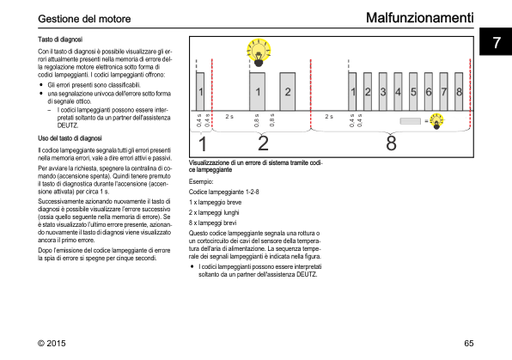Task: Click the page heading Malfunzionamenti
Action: tap(419, 18)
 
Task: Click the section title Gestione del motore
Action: tap(84, 19)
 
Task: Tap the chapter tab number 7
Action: tap(497, 42)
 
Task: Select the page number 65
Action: tap(468, 343)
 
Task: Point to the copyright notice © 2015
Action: tap(52, 343)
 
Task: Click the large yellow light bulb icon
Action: tap(259, 52)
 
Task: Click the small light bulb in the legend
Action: tap(436, 121)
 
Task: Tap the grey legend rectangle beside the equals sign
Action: tap(410, 121)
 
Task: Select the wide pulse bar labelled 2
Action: tap(287, 92)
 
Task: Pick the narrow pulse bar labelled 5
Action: tap(413, 92)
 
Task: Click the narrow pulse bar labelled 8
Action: tap(459, 92)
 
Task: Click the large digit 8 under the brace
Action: tap(391, 143)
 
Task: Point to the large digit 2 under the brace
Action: tap(263, 143)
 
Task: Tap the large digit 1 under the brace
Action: tap(203, 143)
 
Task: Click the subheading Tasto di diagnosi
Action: tap(60, 40)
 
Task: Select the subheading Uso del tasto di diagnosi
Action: tap(70, 138)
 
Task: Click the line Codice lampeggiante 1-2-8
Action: tap(223, 192)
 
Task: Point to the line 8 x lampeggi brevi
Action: tap(212, 223)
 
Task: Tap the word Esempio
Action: tap(201, 181)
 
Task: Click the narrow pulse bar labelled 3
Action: tap(382, 92)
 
